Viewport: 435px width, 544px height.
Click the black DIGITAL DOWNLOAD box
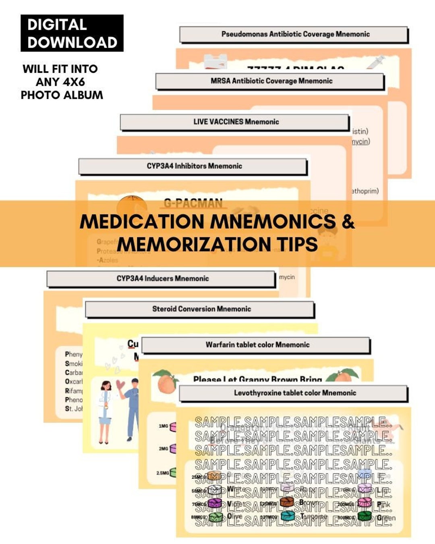click(x=72, y=33)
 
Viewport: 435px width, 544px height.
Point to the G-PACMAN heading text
click(x=193, y=203)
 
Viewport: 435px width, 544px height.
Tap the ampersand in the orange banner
click(x=348, y=221)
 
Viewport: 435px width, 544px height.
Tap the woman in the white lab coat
click(x=105, y=411)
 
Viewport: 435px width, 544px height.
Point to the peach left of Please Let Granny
click(x=166, y=382)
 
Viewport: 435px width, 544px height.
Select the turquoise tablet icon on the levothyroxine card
click(x=288, y=516)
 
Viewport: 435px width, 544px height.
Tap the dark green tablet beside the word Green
click(x=365, y=516)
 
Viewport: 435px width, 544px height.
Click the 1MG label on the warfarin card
click(x=163, y=426)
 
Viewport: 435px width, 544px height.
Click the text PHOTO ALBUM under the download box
click(x=62, y=95)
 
